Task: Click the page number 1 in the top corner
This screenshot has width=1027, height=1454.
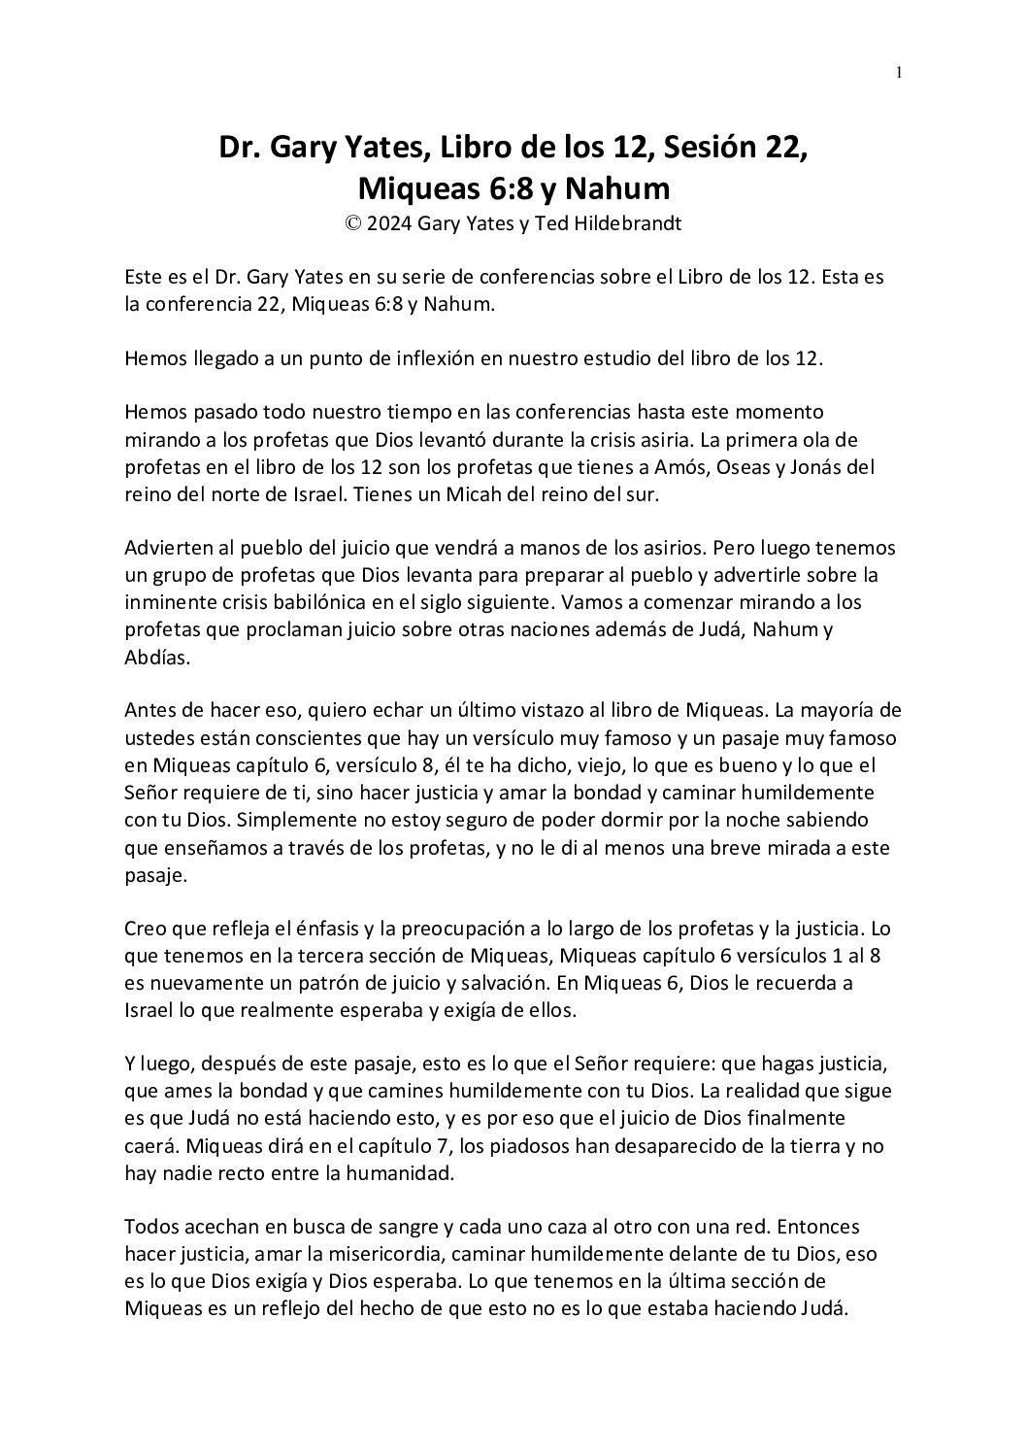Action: point(900,71)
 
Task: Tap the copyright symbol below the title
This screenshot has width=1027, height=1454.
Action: point(352,223)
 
